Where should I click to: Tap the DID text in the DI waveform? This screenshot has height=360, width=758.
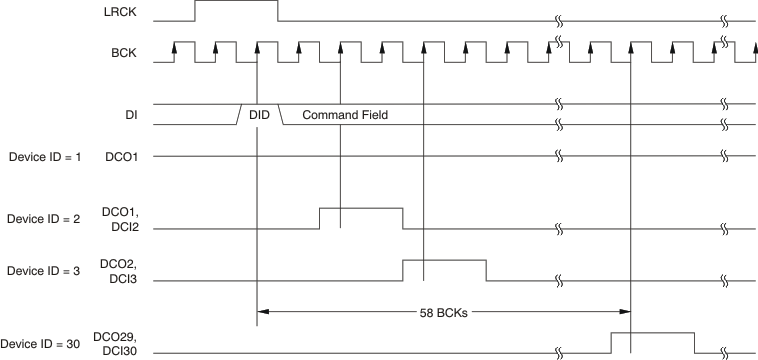point(259,115)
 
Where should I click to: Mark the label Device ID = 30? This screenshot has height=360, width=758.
point(39,343)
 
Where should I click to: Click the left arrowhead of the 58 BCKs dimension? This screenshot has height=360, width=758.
point(264,311)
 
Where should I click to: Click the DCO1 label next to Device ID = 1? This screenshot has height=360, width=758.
point(121,157)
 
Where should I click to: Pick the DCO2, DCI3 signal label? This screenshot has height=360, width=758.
point(119,272)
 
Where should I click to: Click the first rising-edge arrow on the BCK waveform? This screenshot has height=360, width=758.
point(175,46)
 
